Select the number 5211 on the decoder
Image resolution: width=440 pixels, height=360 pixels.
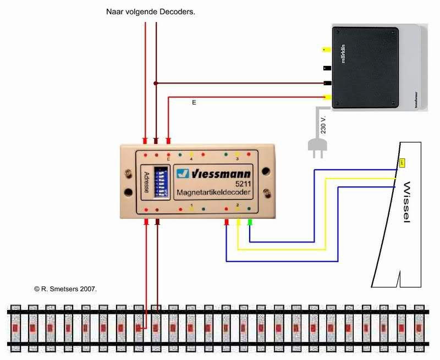point(243,184)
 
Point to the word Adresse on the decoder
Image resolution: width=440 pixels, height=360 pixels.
point(146,182)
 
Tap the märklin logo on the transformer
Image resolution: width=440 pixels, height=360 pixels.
point(344,53)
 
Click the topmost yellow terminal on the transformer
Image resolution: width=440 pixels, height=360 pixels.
point(326,49)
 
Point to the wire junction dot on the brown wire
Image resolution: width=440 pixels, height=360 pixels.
point(156,84)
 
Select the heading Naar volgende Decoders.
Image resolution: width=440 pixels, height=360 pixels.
point(151,10)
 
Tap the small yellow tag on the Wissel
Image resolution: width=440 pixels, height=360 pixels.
point(402,163)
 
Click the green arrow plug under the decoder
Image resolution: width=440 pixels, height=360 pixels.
point(250,222)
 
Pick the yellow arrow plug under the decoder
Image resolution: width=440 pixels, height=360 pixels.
point(238,222)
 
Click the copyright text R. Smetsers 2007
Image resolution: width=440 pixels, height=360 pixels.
point(65,288)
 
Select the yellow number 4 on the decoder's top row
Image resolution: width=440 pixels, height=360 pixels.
point(191,159)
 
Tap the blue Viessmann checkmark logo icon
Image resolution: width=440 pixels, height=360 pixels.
point(183,174)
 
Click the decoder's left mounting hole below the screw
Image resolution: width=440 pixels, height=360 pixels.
point(129,193)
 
